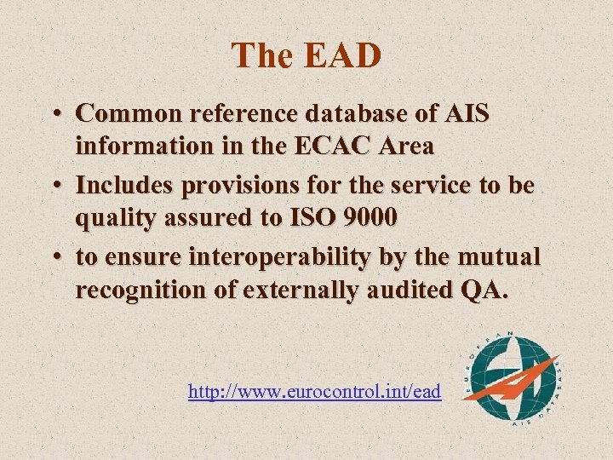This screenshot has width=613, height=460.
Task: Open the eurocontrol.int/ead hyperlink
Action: pos(314,392)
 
